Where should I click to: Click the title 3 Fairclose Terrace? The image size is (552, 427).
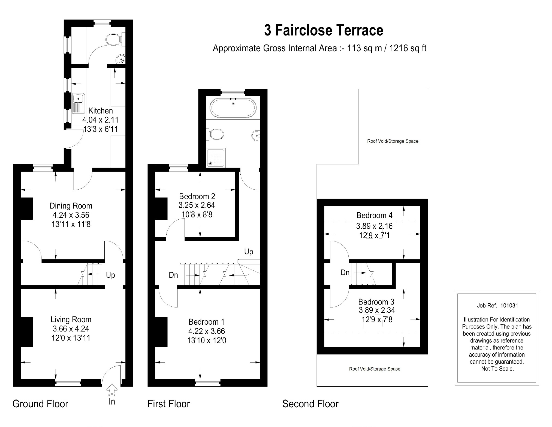pos(324,30)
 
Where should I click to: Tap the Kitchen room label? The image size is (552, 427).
pos(101,111)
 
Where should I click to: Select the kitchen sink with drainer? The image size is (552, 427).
pos(79,104)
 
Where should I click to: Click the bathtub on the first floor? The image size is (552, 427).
pos(233,108)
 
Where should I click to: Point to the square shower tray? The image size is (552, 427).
pos(216,157)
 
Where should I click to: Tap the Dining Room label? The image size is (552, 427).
pos(71,206)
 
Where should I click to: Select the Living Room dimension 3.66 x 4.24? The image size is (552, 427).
pos(71,329)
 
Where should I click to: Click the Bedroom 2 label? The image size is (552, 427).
pos(197,196)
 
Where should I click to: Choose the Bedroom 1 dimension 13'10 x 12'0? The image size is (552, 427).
pos(207,341)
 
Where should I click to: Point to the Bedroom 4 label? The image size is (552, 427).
pos(375,215)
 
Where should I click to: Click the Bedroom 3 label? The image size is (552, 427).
pos(376,302)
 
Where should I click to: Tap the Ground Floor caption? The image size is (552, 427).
pos(40,404)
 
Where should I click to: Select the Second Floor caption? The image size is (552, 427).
pos(310,404)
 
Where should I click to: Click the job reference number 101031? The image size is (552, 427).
pos(509,306)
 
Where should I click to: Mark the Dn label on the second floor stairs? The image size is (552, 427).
pos(345,273)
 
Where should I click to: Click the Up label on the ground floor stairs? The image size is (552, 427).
pos(110,275)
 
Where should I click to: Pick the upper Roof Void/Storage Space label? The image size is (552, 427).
pos(393,141)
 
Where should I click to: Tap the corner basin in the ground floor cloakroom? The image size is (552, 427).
pos(121,59)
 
